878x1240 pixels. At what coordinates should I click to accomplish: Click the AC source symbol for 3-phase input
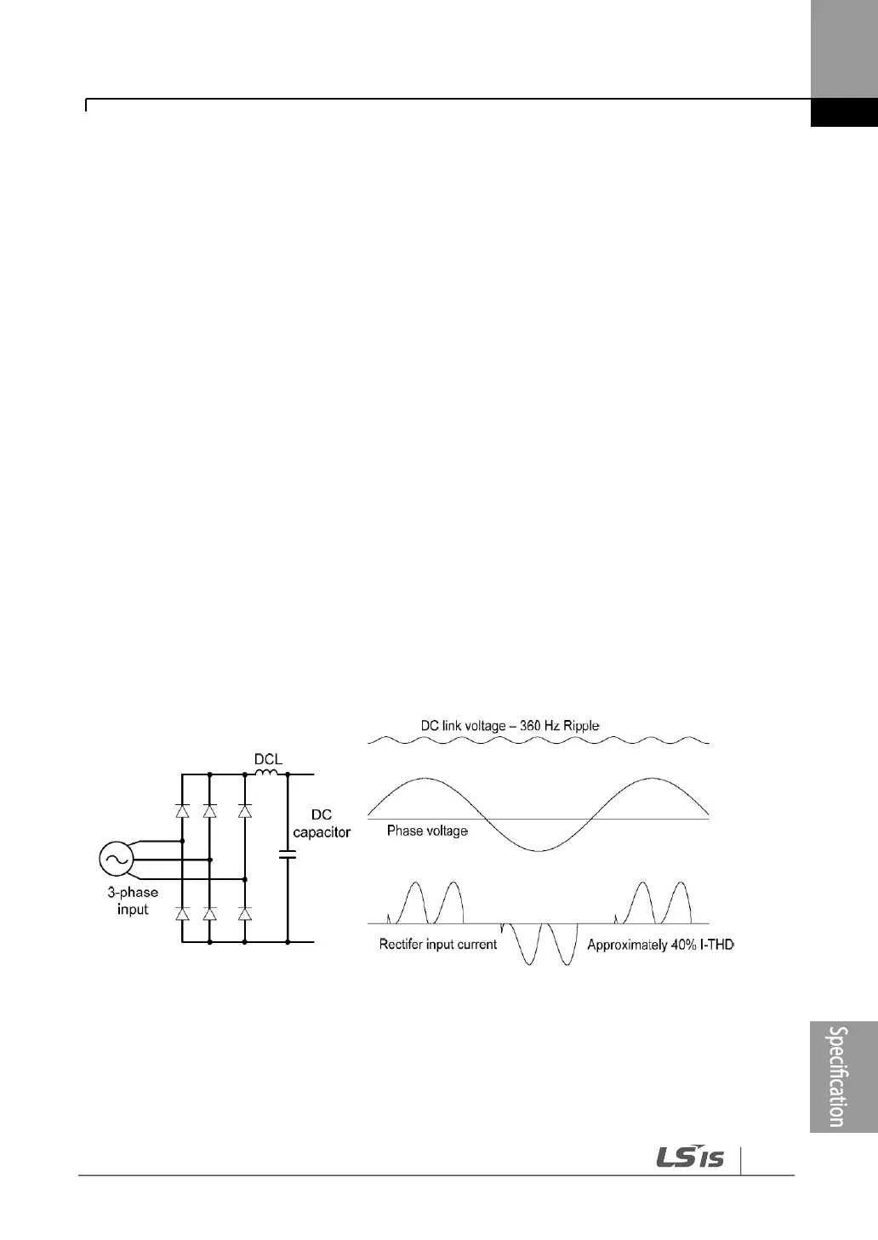point(114,859)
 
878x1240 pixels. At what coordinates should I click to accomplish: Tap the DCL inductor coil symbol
point(267,773)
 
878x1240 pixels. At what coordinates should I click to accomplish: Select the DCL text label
point(268,757)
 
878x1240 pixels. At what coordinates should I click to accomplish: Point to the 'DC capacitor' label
point(322,823)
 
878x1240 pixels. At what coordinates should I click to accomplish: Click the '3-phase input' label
point(133,901)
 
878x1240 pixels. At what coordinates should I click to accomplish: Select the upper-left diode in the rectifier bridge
point(181,811)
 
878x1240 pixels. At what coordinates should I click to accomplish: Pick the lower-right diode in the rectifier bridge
point(245,914)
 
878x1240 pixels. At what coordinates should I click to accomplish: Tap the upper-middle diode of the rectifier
point(209,811)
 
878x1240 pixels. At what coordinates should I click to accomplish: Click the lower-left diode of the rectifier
point(181,914)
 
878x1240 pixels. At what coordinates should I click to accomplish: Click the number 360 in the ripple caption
point(533,726)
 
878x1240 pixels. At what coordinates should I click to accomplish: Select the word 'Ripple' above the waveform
point(581,726)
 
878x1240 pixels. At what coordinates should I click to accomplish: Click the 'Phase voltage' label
point(427,831)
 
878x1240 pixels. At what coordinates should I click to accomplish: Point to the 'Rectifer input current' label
point(438,944)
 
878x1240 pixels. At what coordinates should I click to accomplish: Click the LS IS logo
point(689,1157)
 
